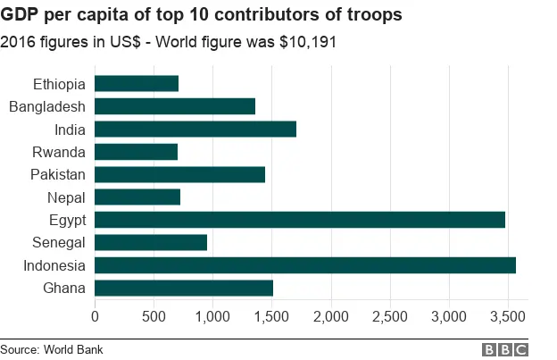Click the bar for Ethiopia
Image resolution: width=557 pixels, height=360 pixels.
point(137,84)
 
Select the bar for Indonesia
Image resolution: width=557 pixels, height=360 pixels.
point(304,265)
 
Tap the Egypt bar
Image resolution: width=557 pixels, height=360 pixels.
point(299,220)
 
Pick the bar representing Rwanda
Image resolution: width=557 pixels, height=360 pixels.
point(136,152)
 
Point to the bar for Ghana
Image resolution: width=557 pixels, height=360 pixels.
point(183,288)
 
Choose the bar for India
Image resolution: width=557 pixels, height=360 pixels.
point(195,130)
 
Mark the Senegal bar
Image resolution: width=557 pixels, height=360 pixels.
point(150,242)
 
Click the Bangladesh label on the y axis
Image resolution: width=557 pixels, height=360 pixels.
point(46,107)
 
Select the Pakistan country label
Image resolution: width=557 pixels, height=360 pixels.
point(57,174)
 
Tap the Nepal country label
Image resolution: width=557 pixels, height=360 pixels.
point(65,197)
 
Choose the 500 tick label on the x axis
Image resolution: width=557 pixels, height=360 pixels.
point(154,316)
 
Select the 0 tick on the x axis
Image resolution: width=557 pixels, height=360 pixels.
point(95,316)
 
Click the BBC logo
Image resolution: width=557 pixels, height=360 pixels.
point(505,349)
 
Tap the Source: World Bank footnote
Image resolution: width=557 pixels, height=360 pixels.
point(52,349)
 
